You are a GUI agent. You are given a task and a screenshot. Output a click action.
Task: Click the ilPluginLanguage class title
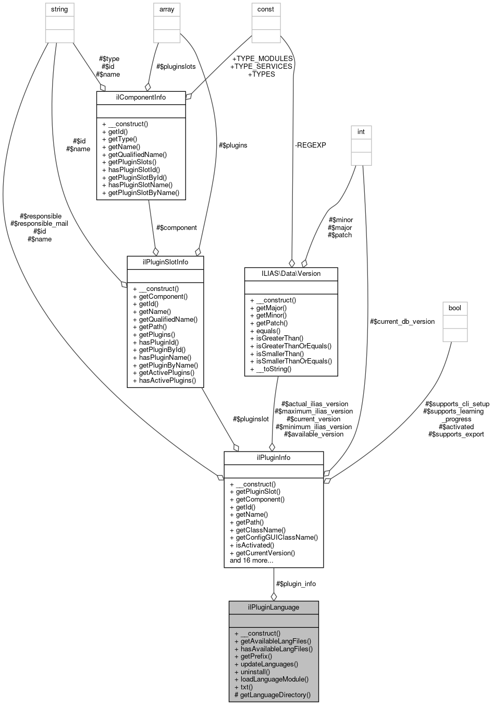point(273,607)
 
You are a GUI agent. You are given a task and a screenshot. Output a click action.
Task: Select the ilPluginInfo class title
point(273,457)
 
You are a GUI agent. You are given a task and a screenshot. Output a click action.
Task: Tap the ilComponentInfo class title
point(141,98)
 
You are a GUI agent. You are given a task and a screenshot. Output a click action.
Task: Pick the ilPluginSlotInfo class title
point(165,262)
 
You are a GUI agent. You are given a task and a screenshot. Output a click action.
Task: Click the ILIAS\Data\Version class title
point(291,273)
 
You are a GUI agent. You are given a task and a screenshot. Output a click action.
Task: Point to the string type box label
point(59,9)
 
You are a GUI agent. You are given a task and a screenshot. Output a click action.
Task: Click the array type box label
point(167,9)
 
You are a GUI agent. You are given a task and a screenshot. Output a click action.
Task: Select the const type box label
point(266,9)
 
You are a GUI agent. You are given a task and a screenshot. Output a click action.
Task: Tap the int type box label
point(361,132)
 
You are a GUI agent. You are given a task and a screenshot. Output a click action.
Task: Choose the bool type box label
point(454,308)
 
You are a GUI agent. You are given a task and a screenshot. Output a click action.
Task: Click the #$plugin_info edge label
point(295,584)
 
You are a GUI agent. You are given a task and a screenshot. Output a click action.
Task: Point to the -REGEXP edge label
point(310,145)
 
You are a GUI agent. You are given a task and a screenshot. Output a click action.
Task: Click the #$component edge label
point(176,227)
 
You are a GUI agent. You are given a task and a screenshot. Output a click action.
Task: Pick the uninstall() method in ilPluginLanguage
point(252,672)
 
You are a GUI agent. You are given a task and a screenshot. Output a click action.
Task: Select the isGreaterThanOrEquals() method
point(290,346)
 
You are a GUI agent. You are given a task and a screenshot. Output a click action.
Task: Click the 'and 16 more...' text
point(252,561)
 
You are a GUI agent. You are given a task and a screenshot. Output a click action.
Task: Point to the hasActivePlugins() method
point(164,380)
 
